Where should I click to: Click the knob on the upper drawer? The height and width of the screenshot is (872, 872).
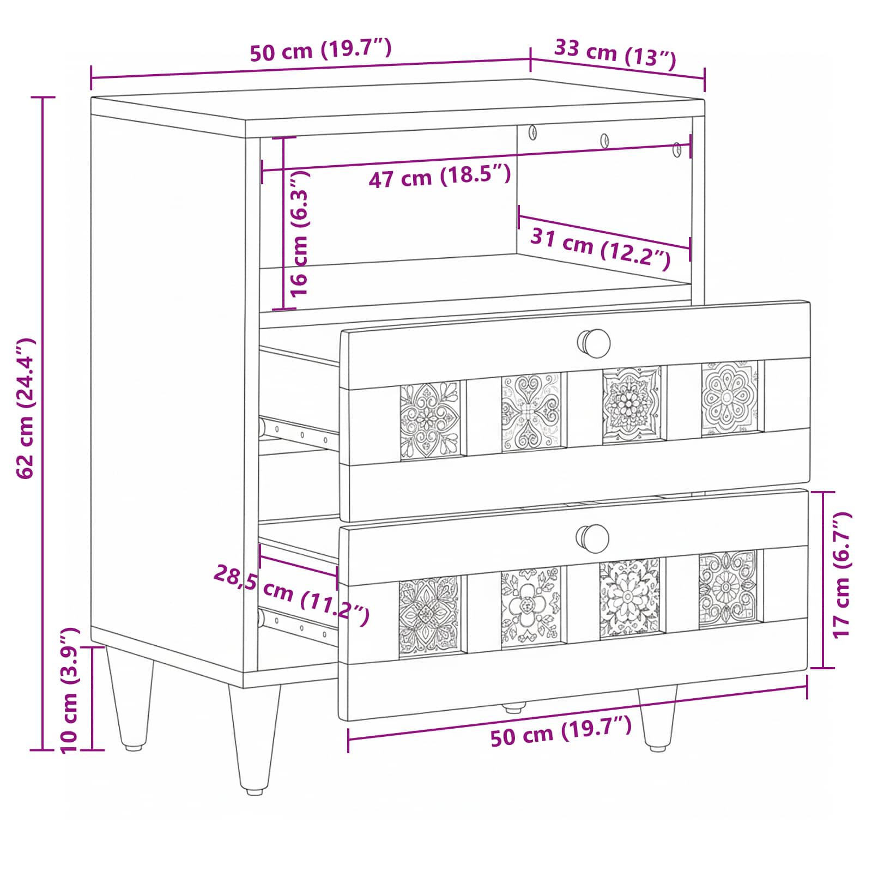click(x=594, y=343)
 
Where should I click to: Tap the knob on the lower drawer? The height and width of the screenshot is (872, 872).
click(x=593, y=538)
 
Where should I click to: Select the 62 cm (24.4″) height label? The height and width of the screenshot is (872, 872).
click(x=26, y=409)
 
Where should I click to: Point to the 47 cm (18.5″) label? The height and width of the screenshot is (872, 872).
click(x=440, y=176)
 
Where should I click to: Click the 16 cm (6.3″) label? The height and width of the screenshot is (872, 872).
click(x=299, y=233)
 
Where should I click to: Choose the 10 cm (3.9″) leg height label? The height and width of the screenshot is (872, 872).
click(x=70, y=691)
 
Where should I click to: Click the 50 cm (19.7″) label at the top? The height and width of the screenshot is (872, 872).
click(x=321, y=50)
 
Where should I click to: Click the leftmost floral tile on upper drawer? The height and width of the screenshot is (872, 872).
click(x=431, y=420)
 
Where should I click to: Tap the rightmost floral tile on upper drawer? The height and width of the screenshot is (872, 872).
click(x=729, y=398)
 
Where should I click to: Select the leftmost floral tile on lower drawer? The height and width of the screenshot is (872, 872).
click(x=429, y=616)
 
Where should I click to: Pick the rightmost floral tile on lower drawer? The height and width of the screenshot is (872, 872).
click(x=728, y=589)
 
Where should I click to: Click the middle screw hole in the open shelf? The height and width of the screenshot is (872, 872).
click(x=604, y=141)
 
